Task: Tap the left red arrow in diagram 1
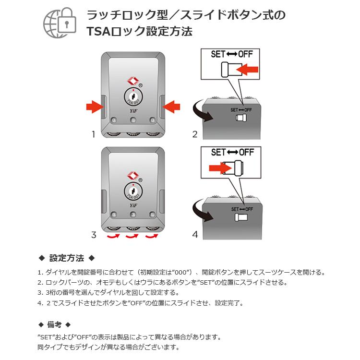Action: click(94, 107)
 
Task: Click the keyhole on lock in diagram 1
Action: click(133, 97)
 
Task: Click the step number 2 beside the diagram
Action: click(195, 135)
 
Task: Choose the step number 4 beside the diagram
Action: click(195, 235)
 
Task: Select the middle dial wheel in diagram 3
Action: click(133, 228)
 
